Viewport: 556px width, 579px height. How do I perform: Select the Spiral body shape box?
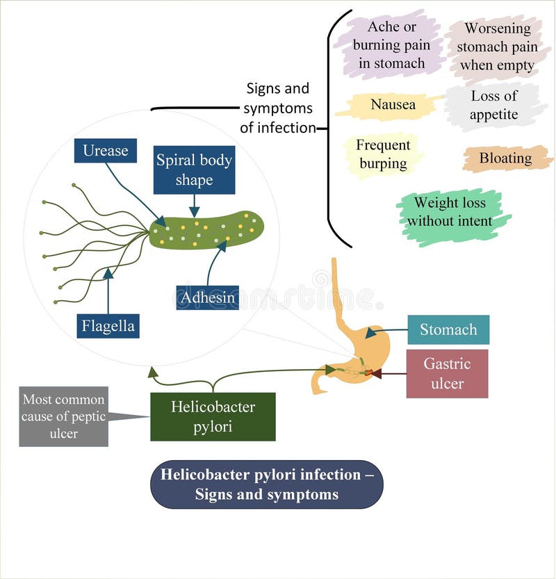pyautogui.click(x=194, y=170)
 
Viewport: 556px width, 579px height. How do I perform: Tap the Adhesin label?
pyautogui.click(x=207, y=297)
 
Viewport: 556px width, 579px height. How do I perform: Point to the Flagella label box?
pyautogui.click(x=108, y=325)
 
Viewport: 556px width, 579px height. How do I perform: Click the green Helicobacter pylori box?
pyautogui.click(x=213, y=416)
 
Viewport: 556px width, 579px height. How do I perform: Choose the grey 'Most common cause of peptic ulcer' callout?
pyautogui.click(x=63, y=416)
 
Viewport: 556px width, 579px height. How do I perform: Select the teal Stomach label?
pyautogui.click(x=448, y=329)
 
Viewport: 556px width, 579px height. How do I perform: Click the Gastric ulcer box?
pyautogui.click(x=447, y=373)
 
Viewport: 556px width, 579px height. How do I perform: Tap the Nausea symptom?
pyautogui.click(x=393, y=105)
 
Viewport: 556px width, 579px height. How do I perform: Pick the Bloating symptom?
pyautogui.click(x=505, y=158)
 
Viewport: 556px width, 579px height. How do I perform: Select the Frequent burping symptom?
pyautogui.click(x=383, y=154)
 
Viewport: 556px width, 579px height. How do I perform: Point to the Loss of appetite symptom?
pyautogui.click(x=493, y=106)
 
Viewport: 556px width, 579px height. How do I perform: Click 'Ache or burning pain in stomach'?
pyautogui.click(x=389, y=45)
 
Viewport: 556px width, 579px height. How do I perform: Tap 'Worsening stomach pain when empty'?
pyautogui.click(x=497, y=47)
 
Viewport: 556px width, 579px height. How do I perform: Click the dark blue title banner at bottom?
pyautogui.click(x=266, y=484)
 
